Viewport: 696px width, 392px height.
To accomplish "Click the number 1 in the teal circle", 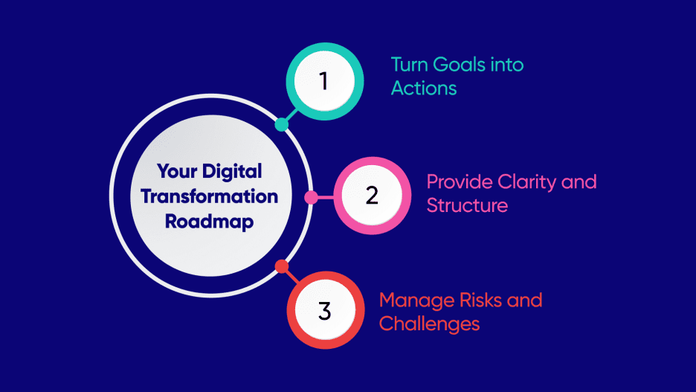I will click(323, 81).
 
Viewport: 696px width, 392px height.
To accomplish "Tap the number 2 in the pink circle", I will click(372, 196).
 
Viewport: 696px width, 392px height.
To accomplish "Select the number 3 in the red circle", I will click(324, 310).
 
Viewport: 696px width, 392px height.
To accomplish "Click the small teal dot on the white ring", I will click(281, 124).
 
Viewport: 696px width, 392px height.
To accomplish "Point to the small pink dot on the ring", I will click(312, 197).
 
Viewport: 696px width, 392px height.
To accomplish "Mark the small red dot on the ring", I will click(282, 266).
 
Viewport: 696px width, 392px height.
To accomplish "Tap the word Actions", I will click(424, 88).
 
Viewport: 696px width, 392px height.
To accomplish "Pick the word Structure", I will click(467, 205).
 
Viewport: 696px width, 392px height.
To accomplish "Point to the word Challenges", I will click(429, 324).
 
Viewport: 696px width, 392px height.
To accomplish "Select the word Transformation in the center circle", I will click(210, 196).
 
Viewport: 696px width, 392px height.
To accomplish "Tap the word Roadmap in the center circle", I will click(210, 222).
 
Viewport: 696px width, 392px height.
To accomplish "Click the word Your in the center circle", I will click(175, 171).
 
